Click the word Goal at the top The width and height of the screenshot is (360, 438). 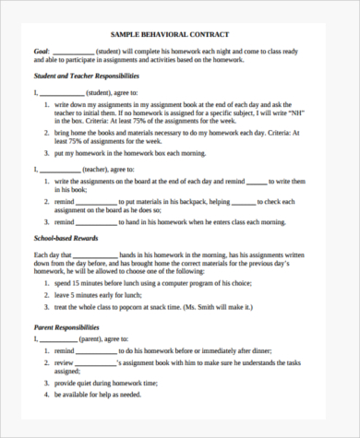tap(42, 51)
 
